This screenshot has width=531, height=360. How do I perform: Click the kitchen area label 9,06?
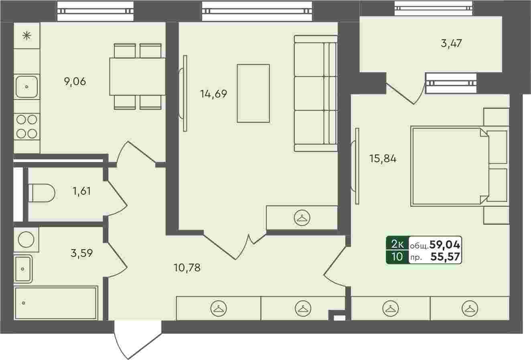75,81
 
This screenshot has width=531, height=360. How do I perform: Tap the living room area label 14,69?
214,94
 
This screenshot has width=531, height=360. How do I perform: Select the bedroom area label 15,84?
383,159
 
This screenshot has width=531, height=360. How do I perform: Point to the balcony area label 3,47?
451,43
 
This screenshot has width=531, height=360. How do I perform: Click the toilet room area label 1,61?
82,191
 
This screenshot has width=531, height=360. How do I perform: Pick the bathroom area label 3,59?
81,253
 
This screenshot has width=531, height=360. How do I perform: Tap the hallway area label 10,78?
187,268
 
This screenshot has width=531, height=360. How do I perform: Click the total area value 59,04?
445,245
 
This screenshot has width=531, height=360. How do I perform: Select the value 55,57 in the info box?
445,256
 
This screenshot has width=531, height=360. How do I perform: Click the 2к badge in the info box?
397,244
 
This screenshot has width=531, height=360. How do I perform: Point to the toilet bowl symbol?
42,193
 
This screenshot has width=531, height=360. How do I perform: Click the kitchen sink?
26,87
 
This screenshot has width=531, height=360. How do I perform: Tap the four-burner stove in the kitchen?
26,127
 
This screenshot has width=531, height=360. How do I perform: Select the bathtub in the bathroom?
56,303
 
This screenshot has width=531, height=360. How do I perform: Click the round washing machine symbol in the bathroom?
26,240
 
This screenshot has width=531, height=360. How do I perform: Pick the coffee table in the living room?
253,94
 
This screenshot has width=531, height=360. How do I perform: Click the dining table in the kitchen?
138,76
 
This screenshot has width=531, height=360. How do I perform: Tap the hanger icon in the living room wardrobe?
302,218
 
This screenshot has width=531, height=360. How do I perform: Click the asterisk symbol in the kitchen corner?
27,36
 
